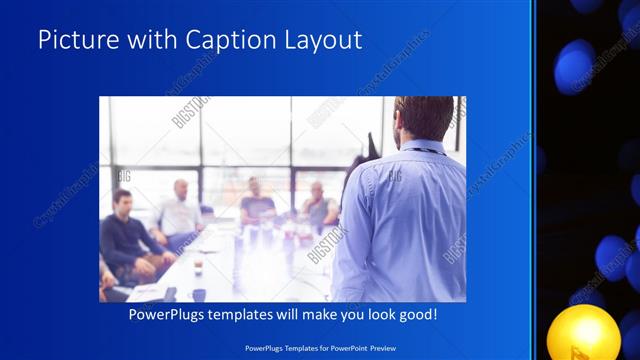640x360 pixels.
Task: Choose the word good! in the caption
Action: click(416, 315)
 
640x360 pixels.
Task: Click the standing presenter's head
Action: click(424, 117)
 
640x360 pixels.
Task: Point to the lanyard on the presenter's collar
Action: click(425, 149)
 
